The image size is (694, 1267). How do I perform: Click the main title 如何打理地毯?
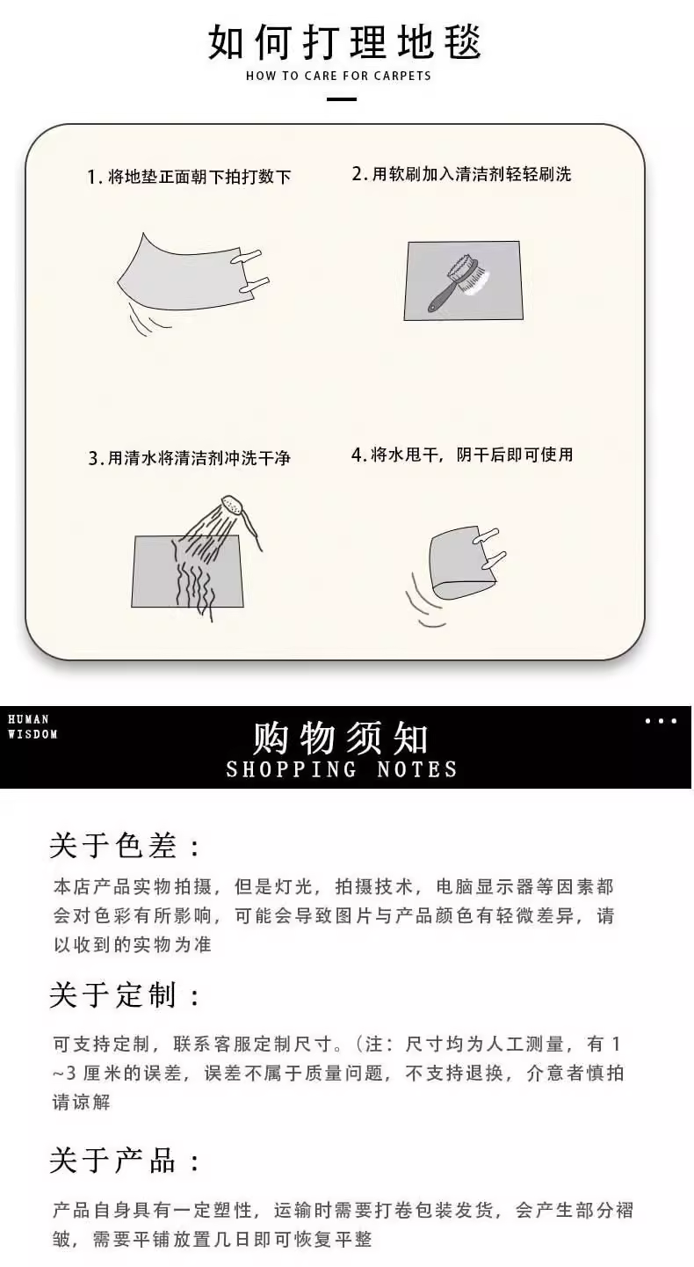pyautogui.click(x=344, y=42)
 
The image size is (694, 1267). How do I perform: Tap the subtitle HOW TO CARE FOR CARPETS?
pyautogui.click(x=338, y=76)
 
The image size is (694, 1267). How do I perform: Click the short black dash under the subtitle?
pyautogui.click(x=342, y=99)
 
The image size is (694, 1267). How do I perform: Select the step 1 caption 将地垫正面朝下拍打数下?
pyautogui.click(x=189, y=177)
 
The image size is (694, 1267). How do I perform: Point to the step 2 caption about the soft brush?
pyautogui.click(x=461, y=174)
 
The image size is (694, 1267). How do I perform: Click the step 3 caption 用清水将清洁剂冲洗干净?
pyautogui.click(x=190, y=457)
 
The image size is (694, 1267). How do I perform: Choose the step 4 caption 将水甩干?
pyautogui.click(x=462, y=455)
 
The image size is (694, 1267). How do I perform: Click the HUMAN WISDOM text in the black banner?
pyautogui.click(x=33, y=726)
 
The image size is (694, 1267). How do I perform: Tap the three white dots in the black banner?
pyautogui.click(x=661, y=721)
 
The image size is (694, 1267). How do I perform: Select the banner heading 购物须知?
pyautogui.click(x=340, y=739)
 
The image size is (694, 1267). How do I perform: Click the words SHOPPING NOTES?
pyautogui.click(x=342, y=769)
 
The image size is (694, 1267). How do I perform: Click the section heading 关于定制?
pyautogui.click(x=125, y=995)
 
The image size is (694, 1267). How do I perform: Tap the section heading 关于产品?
pyautogui.click(x=125, y=1160)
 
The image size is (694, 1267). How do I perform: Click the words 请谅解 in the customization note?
pyautogui.click(x=82, y=1103)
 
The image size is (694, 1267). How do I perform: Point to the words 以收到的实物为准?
pyautogui.click(x=133, y=944)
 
